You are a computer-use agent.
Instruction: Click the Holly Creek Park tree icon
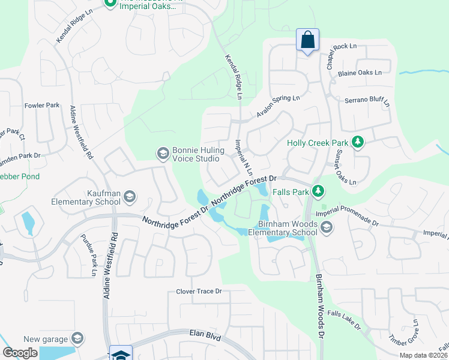[358, 142]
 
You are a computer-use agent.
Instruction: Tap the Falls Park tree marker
[318, 191]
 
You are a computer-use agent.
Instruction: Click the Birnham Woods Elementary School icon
[326, 227]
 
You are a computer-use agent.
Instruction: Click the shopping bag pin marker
[307, 41]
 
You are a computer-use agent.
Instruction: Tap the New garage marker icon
[78, 340]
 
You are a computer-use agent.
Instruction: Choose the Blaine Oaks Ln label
[360, 73]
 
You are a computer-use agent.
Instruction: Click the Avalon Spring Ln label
[277, 106]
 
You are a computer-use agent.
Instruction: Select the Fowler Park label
[42, 105]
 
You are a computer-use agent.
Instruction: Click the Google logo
[20, 353]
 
